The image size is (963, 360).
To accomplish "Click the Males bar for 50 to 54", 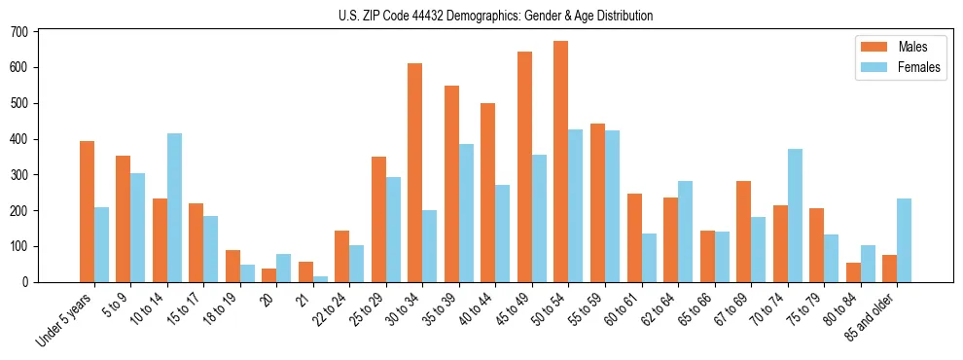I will (x=561, y=162).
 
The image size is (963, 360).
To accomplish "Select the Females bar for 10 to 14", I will (x=174, y=207).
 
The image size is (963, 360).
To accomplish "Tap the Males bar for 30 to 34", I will (x=415, y=172).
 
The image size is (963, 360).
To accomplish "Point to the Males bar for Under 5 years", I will (x=88, y=211).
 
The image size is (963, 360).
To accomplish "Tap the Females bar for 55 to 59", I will (x=612, y=206).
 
